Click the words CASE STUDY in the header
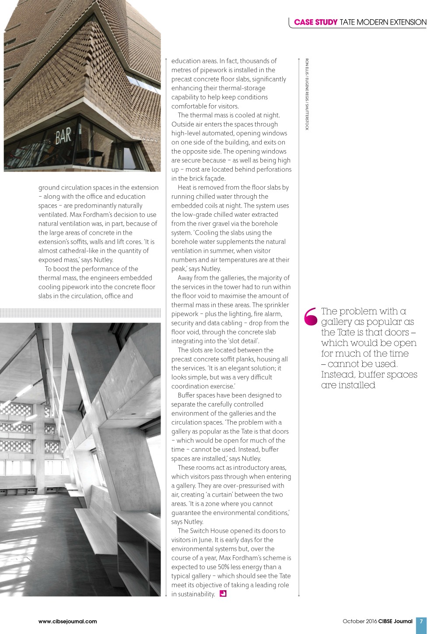[315, 22]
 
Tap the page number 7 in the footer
[421, 621]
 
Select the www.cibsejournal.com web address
[68, 621]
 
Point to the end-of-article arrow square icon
[223, 594]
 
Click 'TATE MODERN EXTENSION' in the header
[383, 22]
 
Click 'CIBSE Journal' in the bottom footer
[395, 621]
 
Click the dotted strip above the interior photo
[80, 313]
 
